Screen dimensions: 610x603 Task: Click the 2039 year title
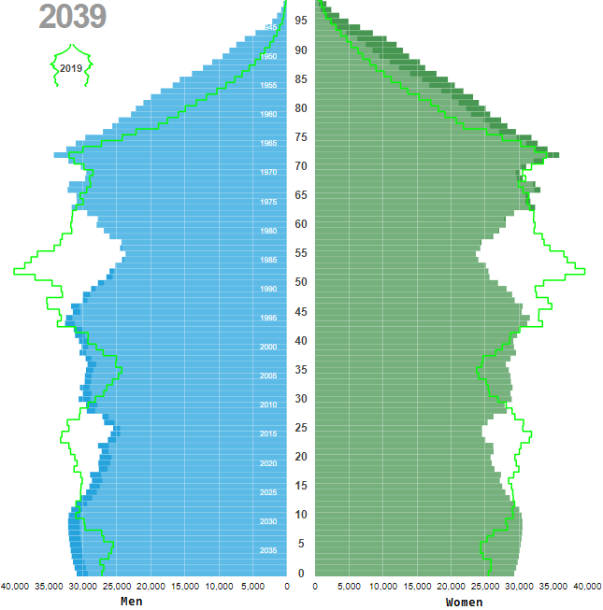[73, 18]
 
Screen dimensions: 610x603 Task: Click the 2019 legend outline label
[70, 68]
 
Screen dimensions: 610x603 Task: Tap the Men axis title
[132, 602]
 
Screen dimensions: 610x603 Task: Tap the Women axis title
[465, 602]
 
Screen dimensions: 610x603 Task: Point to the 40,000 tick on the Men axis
[15, 587]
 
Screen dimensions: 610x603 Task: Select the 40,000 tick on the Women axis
[587, 587]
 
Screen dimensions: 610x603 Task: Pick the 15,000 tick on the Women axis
[417, 587]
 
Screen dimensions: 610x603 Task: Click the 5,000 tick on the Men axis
[253, 587]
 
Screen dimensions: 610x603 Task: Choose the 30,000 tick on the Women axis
[519, 587]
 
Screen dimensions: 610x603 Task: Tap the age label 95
[301, 21]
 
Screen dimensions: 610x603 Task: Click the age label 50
[301, 282]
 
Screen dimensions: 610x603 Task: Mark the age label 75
[301, 137]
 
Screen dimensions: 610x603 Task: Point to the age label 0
[301, 573]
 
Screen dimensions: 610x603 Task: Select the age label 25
[301, 428]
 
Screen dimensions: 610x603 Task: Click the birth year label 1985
[268, 260]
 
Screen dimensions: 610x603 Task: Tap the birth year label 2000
[268, 347]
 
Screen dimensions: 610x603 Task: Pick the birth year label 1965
[268, 144]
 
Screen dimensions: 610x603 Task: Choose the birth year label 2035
[268, 550]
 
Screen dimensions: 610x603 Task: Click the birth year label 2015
[268, 434]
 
